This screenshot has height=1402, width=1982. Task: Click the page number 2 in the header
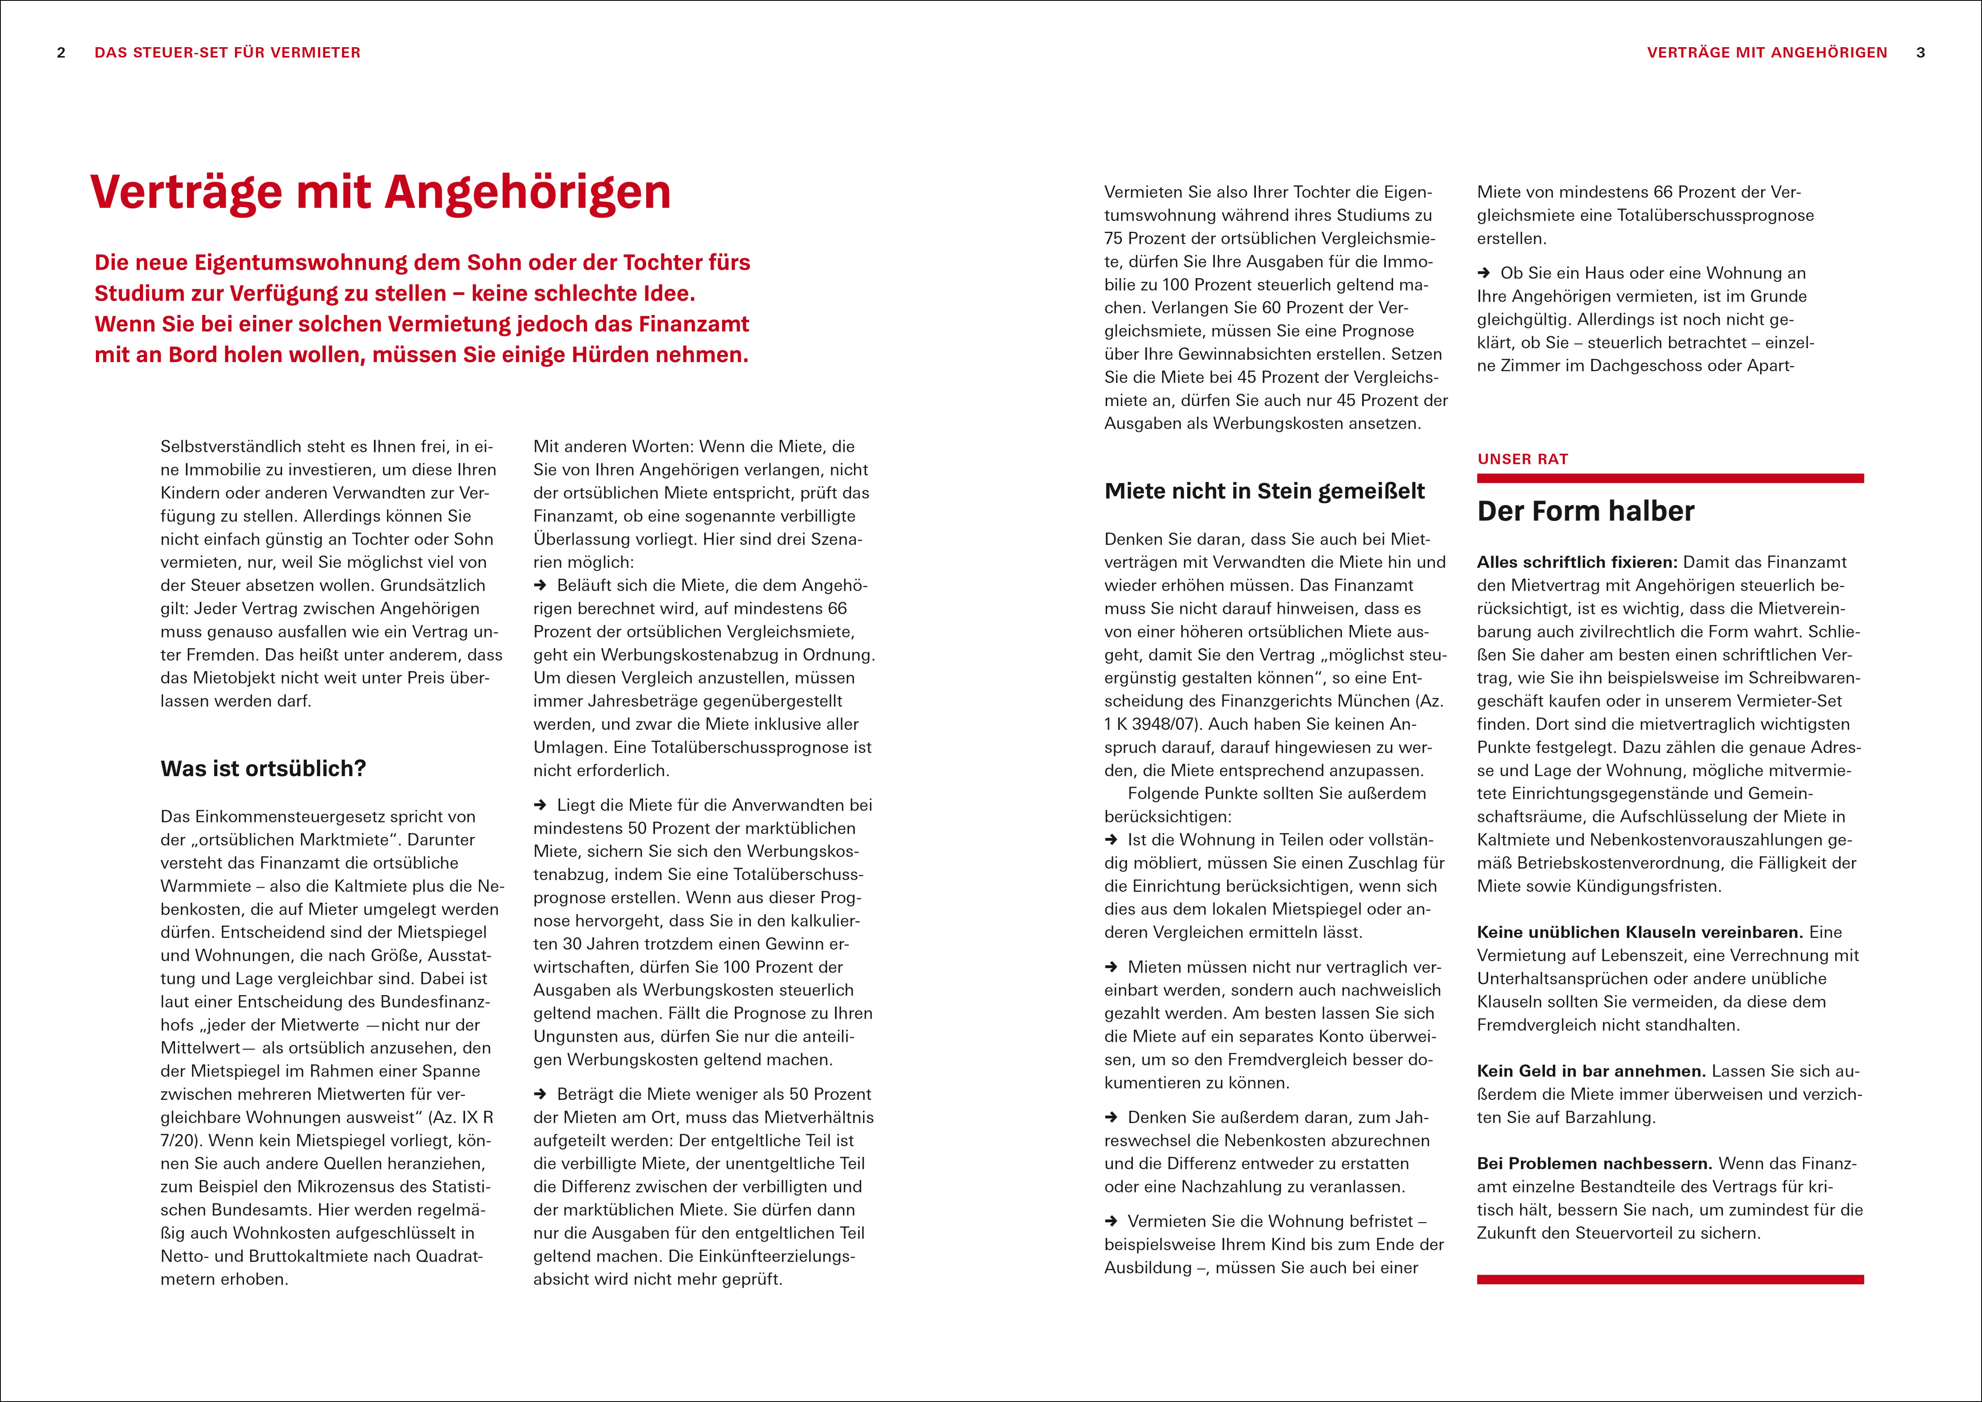click(x=61, y=53)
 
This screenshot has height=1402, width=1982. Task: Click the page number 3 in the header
click(x=1921, y=53)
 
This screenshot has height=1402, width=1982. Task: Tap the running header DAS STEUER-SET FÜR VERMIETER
click(x=227, y=53)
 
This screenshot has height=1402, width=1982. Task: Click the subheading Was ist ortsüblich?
click(x=263, y=768)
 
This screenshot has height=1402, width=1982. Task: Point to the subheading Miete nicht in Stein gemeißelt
click(x=1265, y=491)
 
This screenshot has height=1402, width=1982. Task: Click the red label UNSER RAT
click(x=1523, y=459)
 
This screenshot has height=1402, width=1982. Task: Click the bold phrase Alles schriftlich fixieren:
click(x=1577, y=562)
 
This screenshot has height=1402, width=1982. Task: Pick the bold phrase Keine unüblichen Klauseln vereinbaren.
click(x=1639, y=932)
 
